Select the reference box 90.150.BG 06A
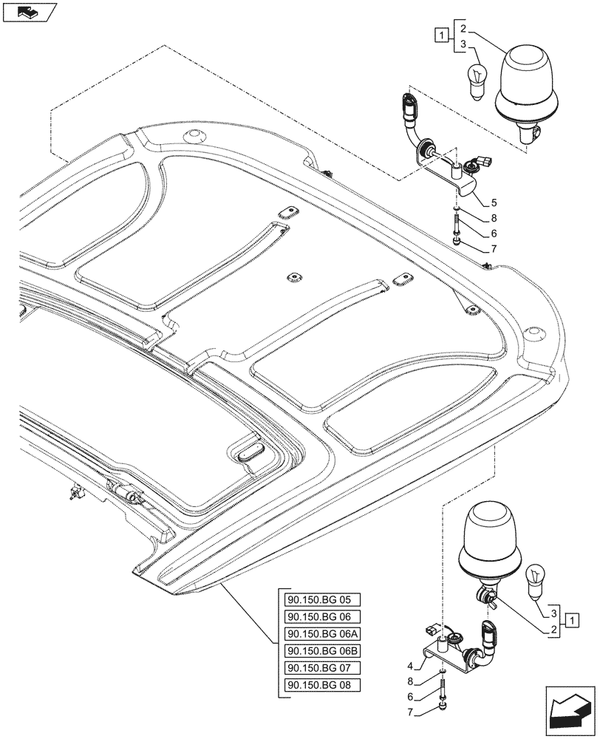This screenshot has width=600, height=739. (320, 634)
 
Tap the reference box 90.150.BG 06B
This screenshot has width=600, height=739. (320, 651)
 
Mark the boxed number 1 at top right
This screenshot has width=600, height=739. (441, 34)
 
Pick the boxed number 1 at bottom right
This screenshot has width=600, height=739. (572, 620)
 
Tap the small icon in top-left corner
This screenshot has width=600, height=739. (29, 12)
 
